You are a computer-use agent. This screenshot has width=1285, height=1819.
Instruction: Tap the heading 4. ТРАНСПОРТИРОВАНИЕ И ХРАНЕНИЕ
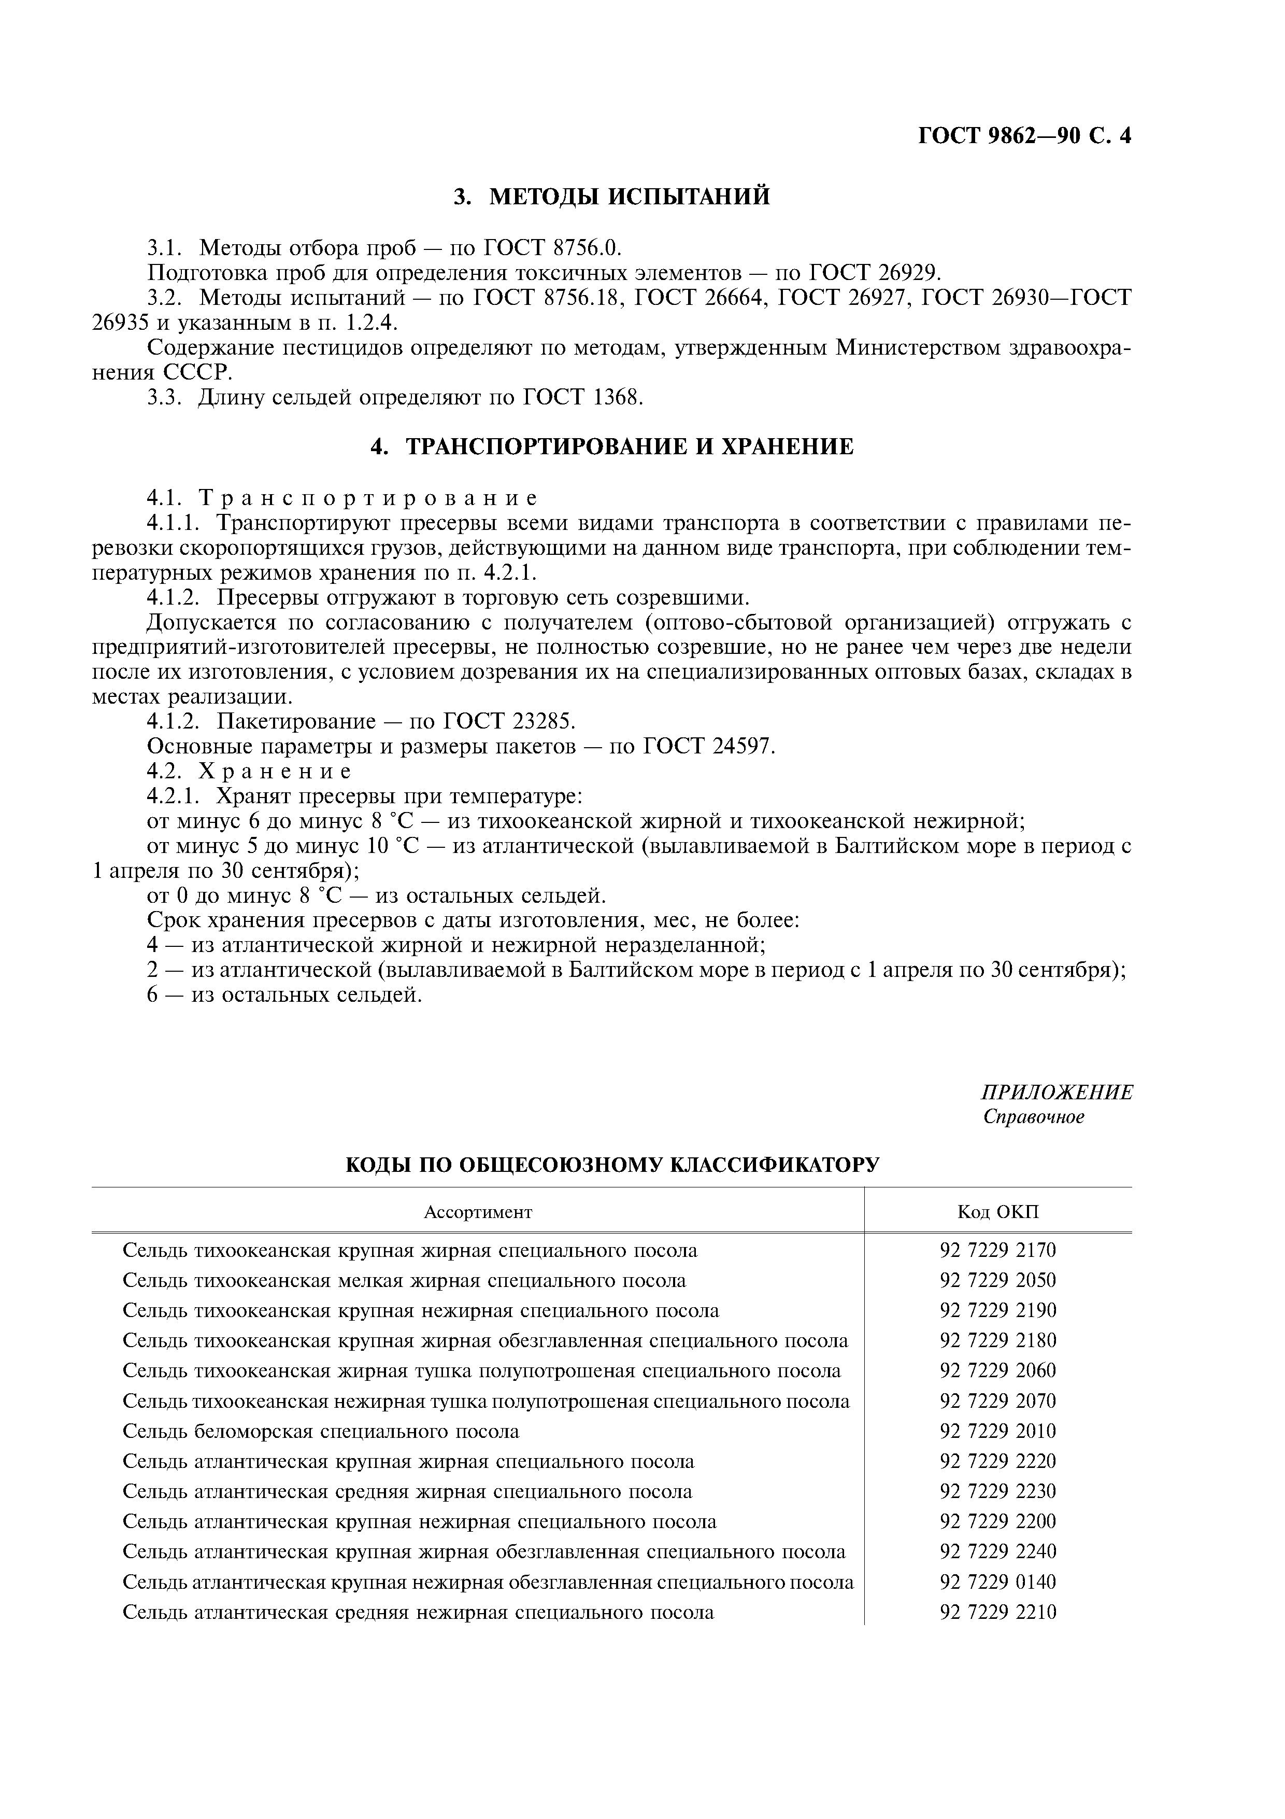[612, 447]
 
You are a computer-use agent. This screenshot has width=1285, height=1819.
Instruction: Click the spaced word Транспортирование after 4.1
[368, 498]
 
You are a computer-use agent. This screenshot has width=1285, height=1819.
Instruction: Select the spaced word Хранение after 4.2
[274, 771]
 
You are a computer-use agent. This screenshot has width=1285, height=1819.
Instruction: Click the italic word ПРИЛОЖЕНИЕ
[1056, 1093]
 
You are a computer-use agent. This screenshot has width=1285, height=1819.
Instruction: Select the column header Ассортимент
[478, 1212]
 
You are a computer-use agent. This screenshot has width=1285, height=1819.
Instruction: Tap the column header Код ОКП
[997, 1212]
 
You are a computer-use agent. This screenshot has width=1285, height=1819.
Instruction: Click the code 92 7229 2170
[997, 1251]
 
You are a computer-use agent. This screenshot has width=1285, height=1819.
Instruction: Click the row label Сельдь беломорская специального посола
[321, 1432]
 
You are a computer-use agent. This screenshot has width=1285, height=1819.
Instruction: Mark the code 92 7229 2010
[997, 1432]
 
